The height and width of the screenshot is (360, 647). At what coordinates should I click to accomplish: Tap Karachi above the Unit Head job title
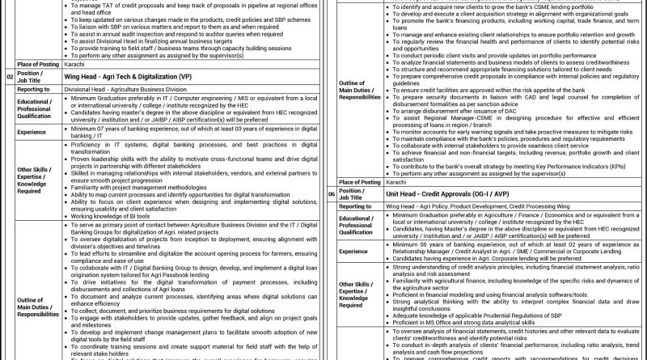point(397,183)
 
